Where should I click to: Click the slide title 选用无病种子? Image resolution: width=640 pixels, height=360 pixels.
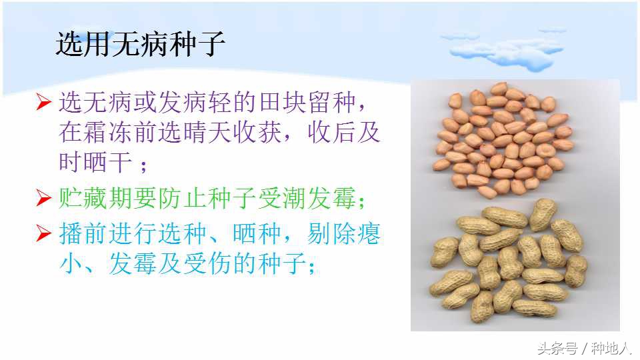click(141, 45)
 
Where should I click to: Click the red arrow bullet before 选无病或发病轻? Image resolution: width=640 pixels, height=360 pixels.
click(44, 103)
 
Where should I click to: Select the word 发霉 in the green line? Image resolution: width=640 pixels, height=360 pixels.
click(341, 197)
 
